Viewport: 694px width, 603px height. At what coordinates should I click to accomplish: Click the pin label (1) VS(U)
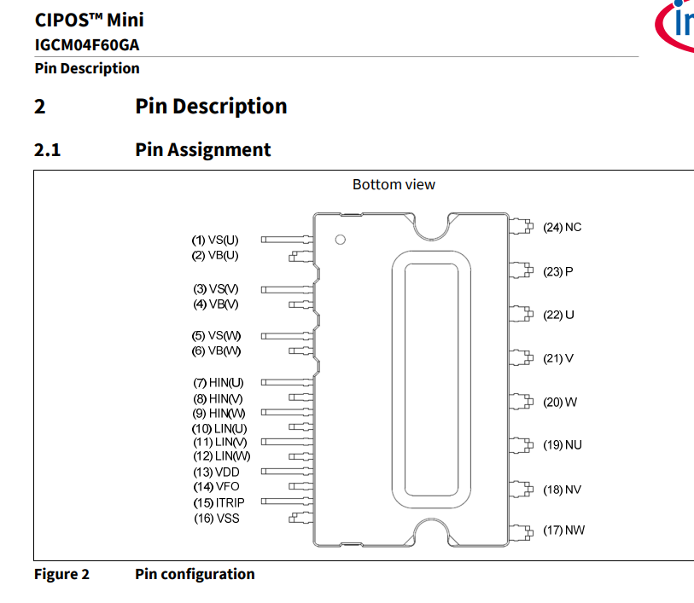pos(215,240)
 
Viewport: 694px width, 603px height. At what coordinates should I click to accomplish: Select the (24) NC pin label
pos(562,227)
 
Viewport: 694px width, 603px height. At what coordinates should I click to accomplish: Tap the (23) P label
pos(558,271)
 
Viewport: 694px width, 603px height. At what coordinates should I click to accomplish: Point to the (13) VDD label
pos(217,473)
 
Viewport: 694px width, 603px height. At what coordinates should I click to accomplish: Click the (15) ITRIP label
pos(219,502)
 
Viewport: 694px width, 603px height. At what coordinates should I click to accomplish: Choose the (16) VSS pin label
pos(217,518)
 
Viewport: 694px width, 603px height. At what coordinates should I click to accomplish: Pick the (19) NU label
pos(563,444)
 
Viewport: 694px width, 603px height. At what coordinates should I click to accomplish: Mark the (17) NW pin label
pos(564,530)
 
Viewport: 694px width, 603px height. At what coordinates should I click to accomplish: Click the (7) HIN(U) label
pos(219,382)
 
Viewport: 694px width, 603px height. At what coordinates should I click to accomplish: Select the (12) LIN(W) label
pos(222,455)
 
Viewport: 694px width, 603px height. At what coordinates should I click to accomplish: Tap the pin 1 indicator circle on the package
pos(341,240)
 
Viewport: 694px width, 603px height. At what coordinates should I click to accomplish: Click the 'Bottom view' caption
pos(394,184)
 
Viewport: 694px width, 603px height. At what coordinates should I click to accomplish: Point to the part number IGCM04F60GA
pos(87,44)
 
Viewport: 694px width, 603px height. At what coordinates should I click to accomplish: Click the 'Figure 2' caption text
pos(62,574)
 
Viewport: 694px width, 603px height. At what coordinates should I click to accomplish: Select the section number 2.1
pos(47,150)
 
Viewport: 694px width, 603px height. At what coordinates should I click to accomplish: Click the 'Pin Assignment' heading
pos(202,150)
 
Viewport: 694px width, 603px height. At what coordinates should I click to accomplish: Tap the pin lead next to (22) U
pos(521,314)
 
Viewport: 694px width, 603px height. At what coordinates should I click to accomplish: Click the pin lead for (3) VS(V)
pos(288,290)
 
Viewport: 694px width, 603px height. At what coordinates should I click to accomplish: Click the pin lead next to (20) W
pos(521,402)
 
